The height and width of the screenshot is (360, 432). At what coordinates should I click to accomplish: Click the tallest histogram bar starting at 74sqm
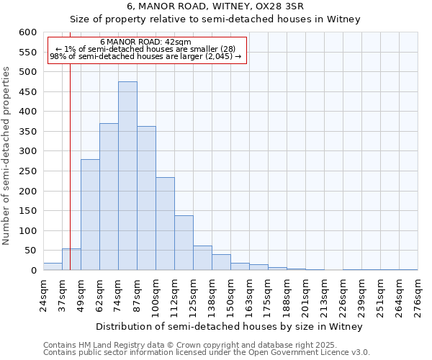[x=127, y=176]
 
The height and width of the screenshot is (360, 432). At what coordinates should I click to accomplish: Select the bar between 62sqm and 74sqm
[x=109, y=197]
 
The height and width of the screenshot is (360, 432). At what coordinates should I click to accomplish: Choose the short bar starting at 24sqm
[x=53, y=266]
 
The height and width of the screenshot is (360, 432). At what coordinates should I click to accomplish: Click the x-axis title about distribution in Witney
[x=228, y=326]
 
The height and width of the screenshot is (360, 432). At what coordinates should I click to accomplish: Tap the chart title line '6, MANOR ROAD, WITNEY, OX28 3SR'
[x=215, y=6]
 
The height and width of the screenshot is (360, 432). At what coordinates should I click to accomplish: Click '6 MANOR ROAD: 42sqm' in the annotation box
[x=146, y=42]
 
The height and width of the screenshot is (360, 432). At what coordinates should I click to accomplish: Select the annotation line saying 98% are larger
[x=146, y=56]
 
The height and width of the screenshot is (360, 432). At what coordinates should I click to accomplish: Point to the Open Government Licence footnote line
[x=206, y=352]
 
